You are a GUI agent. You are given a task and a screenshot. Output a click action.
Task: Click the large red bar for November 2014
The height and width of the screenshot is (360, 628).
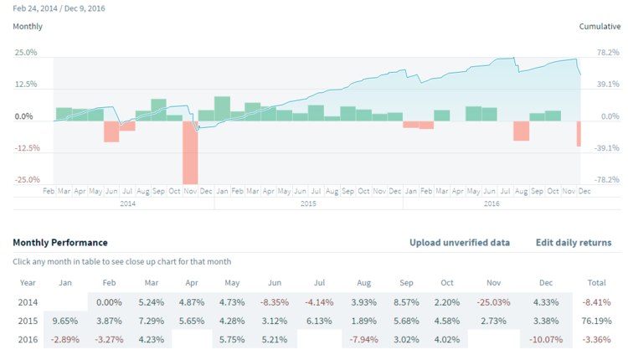tap(190, 152)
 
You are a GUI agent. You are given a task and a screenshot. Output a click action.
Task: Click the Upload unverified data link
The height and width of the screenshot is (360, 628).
tap(460, 243)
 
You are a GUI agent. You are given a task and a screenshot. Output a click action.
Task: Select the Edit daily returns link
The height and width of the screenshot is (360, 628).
tap(574, 243)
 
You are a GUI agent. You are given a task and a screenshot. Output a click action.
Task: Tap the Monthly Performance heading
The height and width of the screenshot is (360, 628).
tap(60, 243)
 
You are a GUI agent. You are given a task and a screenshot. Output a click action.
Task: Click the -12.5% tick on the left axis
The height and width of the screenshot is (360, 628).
tap(26, 148)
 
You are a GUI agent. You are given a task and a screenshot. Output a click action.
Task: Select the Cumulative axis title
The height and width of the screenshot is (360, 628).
tap(600, 27)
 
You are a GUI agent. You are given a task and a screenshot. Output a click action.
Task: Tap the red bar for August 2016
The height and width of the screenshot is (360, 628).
tap(522, 130)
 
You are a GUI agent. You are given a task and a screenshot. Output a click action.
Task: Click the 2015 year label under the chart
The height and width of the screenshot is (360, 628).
tap(308, 203)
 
